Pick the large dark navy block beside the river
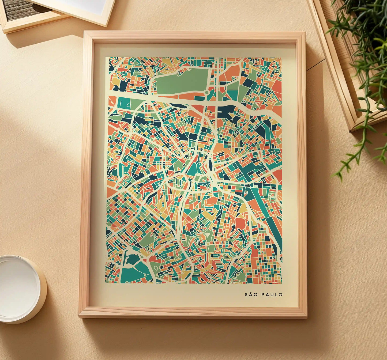(x=226, y=111)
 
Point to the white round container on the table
(x=19, y=289)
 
